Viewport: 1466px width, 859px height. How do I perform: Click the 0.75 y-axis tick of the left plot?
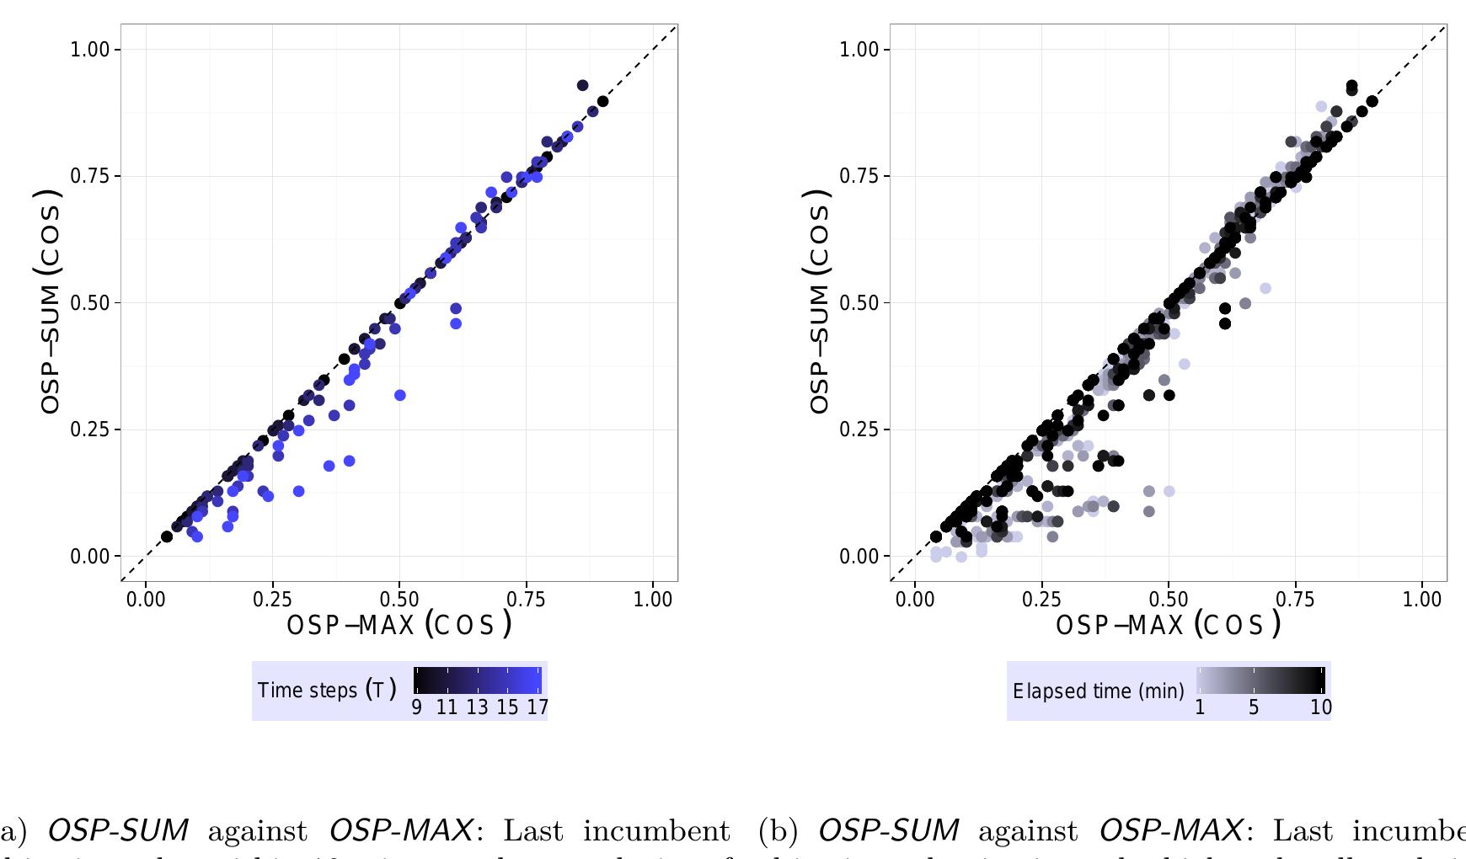pyautogui.click(x=90, y=176)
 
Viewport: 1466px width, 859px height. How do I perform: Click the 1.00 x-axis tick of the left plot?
pyautogui.click(x=653, y=599)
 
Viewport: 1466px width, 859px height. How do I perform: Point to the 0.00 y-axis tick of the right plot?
pyautogui.click(x=859, y=556)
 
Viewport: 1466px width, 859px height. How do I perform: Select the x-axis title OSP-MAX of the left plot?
pyautogui.click(x=399, y=625)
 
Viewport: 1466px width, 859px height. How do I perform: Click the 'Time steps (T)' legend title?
pyautogui.click(x=327, y=691)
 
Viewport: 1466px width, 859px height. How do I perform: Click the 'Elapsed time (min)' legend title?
pyautogui.click(x=1098, y=691)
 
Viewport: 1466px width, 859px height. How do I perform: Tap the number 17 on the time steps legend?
pyautogui.click(x=538, y=707)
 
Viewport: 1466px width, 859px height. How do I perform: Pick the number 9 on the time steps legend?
pyautogui.click(x=417, y=707)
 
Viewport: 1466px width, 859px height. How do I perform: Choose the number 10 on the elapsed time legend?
pyautogui.click(x=1321, y=707)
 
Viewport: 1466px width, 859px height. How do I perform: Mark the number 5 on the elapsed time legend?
pyautogui.click(x=1254, y=707)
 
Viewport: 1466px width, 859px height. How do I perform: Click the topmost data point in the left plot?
pyautogui.click(x=582, y=85)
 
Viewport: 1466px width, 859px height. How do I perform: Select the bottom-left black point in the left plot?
pyautogui.click(x=167, y=536)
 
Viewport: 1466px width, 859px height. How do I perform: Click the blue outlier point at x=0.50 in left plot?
pyautogui.click(x=400, y=395)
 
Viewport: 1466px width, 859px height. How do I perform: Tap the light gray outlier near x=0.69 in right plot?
pyautogui.click(x=1265, y=288)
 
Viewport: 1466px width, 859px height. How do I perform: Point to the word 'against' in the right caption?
pyautogui.click(x=1027, y=830)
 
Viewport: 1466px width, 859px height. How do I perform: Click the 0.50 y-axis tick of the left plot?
pyautogui.click(x=90, y=302)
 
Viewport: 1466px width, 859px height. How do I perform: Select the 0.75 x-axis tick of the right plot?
pyautogui.click(x=1295, y=599)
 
